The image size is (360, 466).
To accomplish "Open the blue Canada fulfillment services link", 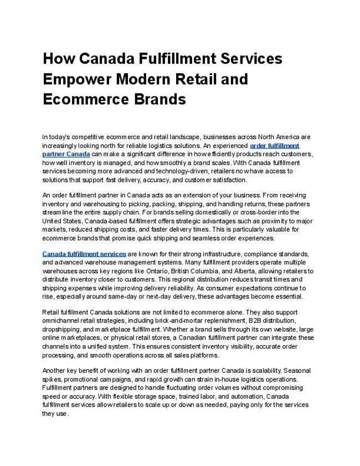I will click(84, 254).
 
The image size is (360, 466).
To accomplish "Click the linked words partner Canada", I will click(66, 153).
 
